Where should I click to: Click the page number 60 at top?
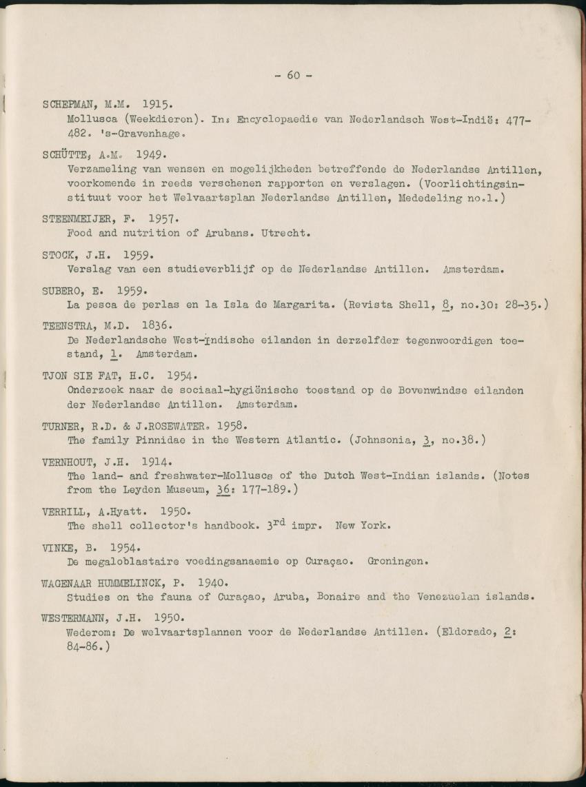[x=293, y=75]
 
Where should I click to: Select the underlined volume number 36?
[x=223, y=489]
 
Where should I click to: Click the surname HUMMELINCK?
[x=143, y=582]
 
